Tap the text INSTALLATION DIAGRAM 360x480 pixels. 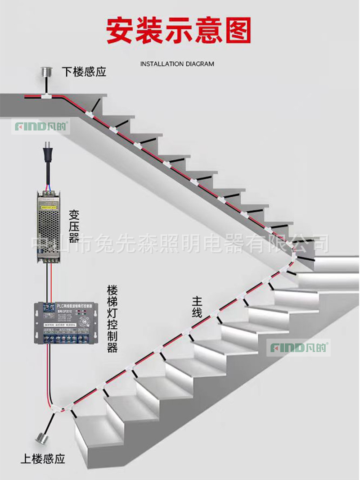[177, 64]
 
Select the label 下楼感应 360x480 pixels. [84, 72]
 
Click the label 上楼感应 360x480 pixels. [43, 459]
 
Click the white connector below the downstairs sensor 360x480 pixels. [46, 96]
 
